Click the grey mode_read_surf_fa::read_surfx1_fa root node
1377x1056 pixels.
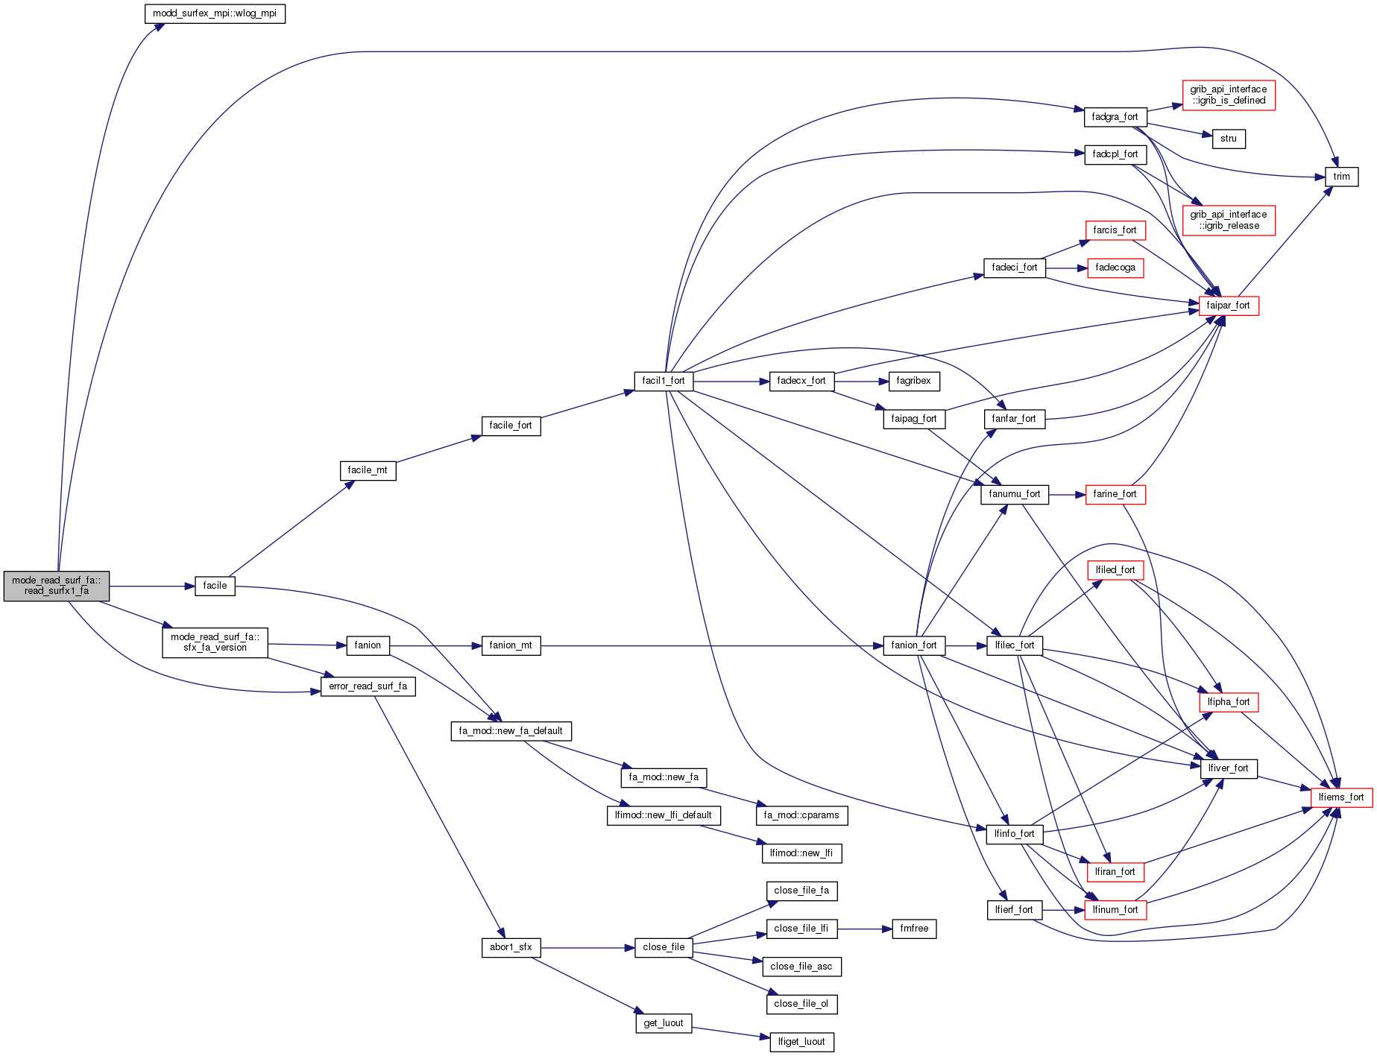tap(57, 586)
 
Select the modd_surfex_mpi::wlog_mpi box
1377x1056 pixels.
tap(215, 13)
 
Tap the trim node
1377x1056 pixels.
tap(1341, 177)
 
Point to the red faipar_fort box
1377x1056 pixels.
tap(1228, 306)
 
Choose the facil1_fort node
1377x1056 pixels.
tap(663, 381)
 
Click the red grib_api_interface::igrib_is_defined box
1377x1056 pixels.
tap(1228, 95)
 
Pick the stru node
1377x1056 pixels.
tap(1228, 139)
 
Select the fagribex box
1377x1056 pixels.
tap(913, 381)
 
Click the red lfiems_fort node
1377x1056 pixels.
tap(1340, 797)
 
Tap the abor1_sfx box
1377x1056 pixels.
tap(511, 947)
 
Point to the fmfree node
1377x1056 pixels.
tap(913, 929)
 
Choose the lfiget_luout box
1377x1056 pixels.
tap(801, 1042)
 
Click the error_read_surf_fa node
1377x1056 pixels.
tap(368, 686)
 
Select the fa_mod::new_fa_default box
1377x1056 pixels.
tap(511, 731)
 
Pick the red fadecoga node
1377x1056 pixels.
tap(1115, 268)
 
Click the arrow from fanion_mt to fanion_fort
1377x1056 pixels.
tap(708, 645)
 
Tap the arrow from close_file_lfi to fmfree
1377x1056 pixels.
tap(865, 929)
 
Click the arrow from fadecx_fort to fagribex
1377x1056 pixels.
tap(861, 382)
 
